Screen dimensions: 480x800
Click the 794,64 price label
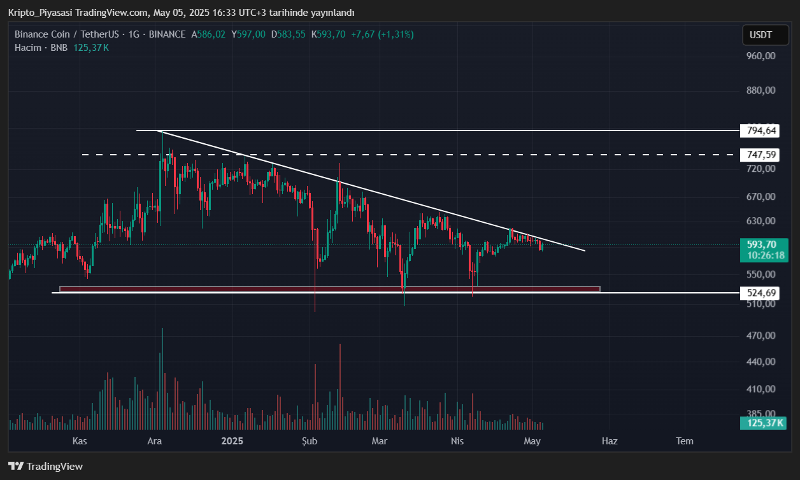[762, 131]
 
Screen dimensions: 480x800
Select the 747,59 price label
[762, 155]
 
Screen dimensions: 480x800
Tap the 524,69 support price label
[762, 293]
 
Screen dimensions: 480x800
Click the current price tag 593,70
[762, 244]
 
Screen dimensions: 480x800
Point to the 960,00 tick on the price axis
[761, 56]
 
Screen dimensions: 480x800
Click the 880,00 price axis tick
[761, 90]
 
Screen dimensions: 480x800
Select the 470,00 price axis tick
[761, 335]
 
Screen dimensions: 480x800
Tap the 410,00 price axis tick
[761, 389]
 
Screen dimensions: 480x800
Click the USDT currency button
[761, 35]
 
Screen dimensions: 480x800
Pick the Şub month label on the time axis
[309, 441]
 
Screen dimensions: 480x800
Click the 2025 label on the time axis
[232, 441]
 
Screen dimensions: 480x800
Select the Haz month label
[610, 441]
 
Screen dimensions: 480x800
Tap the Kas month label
[79, 441]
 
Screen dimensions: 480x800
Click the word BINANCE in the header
[167, 34]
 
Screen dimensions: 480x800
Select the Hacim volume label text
[27, 48]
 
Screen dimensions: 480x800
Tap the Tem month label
[685, 441]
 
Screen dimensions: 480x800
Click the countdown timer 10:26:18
[762, 255]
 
